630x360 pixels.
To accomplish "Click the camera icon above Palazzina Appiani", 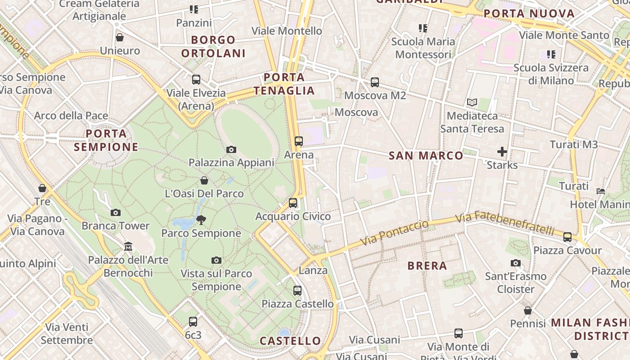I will [231, 149].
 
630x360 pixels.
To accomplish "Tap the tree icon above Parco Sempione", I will [201, 220].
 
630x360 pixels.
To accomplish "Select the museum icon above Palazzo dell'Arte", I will [128, 246].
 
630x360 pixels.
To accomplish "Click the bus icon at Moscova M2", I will [375, 82].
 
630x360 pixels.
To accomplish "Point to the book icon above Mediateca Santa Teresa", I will [472, 103].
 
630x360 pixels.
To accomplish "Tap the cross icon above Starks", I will [502, 152].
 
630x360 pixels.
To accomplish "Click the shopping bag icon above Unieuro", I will [120, 37].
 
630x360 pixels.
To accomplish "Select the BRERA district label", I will [427, 265].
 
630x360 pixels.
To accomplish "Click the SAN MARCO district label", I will [426, 156].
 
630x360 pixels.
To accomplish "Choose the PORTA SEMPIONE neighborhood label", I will [106, 140].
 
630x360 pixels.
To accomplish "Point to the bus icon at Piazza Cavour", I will [567, 237].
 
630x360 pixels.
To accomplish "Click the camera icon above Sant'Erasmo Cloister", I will [516, 263].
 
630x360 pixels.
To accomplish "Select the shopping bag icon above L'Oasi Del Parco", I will [204, 180].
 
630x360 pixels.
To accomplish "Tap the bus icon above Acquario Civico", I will [293, 203].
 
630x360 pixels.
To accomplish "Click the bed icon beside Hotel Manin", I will [601, 191].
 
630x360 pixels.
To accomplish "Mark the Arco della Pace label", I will [71, 116].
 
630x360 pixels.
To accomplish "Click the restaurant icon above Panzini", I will [194, 9].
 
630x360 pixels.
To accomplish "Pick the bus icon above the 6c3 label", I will [193, 321].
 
